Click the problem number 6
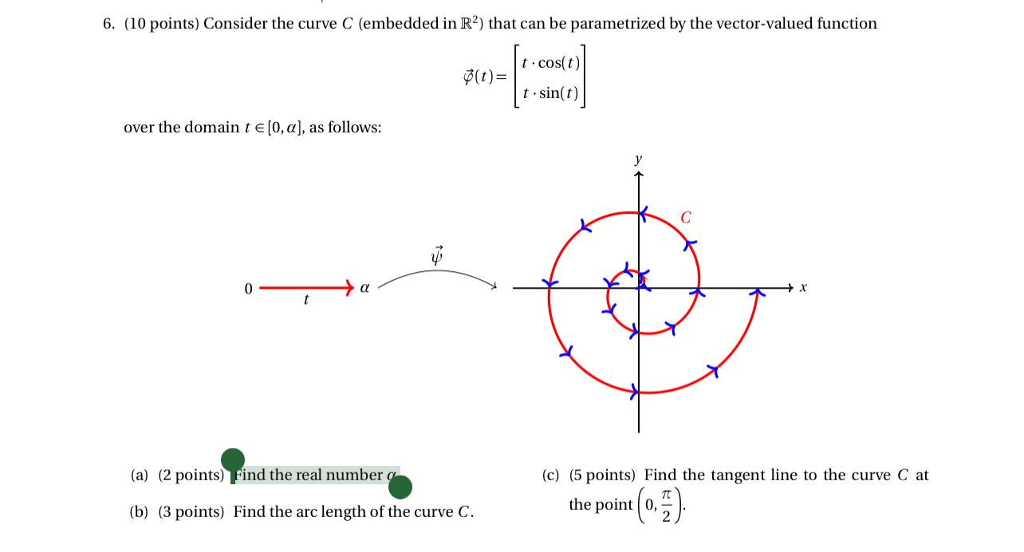108,24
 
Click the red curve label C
686,217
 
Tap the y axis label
638,160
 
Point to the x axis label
804,287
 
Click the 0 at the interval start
248,288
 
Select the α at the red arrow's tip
364,287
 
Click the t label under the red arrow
306,301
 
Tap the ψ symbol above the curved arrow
436,255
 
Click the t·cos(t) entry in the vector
550,63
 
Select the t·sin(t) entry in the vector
550,93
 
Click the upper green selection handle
233,460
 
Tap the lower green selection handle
400,487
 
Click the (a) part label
140,475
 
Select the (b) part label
139,512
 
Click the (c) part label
551,475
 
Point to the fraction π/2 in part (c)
666,505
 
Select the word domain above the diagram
214,128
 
